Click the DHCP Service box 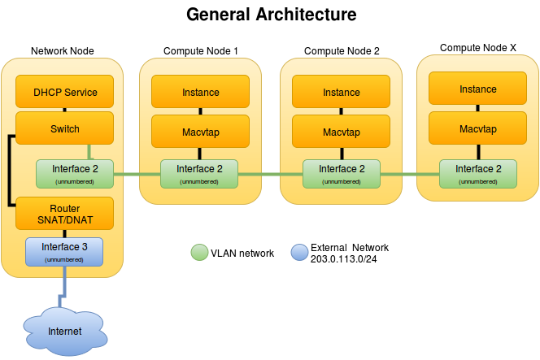pos(64,92)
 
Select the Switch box pos(64,128)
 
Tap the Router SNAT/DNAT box pos(64,214)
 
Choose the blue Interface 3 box pos(64,252)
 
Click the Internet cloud pos(64,331)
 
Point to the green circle pos(199,252)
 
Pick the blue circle pos(300,252)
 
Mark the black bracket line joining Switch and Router pos(8,171)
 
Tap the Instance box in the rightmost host pos(477,89)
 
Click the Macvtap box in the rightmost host pos(477,128)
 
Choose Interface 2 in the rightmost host pos(477,173)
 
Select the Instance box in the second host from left pos(200,92)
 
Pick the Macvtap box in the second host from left pos(200,132)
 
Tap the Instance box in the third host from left pos(341,92)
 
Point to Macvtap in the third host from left pos(341,132)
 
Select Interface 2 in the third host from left pos(341,173)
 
